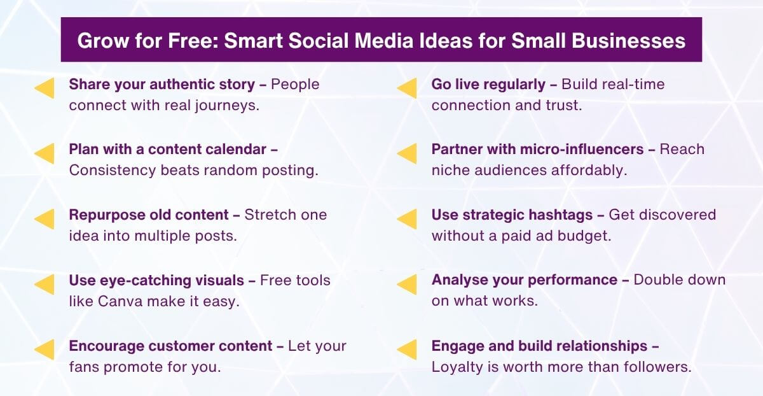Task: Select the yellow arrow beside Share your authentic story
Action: [45, 88]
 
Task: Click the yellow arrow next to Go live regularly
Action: [407, 88]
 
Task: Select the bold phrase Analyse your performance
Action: [525, 280]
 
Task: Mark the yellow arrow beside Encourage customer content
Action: [45, 350]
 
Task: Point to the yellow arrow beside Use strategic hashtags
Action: [407, 219]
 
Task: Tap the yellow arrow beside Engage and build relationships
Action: [407, 350]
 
